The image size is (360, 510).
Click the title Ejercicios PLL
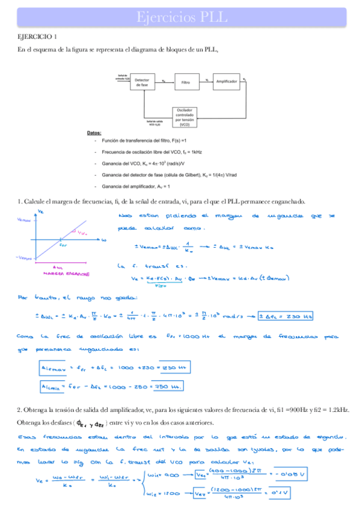[x=180, y=17]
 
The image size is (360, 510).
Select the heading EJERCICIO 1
[x=37, y=37]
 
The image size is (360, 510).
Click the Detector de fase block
[x=142, y=82]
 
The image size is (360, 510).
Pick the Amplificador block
[x=227, y=80]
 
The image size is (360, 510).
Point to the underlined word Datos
[x=94, y=133]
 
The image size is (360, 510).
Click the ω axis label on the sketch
[x=104, y=239]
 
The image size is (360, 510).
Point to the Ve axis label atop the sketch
[x=40, y=212]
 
